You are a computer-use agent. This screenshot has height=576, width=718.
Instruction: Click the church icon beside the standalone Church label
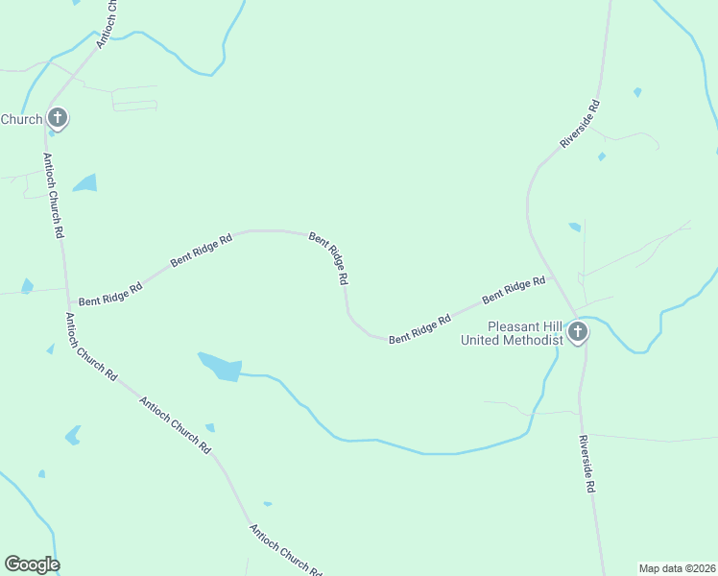click(58, 118)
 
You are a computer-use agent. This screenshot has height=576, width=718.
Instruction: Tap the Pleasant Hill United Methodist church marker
click(577, 332)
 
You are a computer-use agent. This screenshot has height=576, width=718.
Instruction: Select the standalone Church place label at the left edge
click(21, 119)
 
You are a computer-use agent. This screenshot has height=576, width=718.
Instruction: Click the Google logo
click(32, 564)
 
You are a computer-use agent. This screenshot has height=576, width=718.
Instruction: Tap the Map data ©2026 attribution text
click(677, 568)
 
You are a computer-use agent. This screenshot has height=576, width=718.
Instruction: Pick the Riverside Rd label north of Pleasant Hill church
click(580, 124)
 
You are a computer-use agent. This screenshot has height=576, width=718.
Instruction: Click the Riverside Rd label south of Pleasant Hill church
click(586, 464)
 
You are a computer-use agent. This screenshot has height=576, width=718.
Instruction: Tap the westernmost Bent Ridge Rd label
click(110, 294)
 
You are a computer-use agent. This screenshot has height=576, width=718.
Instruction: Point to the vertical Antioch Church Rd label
click(53, 195)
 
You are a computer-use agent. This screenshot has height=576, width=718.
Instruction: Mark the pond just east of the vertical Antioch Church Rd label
click(85, 182)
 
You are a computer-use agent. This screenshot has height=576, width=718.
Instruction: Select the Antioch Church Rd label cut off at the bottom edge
click(285, 549)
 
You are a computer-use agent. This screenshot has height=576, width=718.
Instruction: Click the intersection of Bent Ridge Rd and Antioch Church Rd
click(67, 304)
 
